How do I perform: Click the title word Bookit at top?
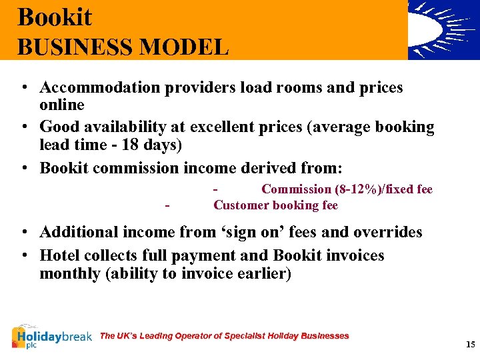(55, 17)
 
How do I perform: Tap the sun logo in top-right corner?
(443, 29)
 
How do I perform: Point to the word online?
(62, 105)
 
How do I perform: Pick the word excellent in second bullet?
(220, 127)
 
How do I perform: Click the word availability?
(129, 127)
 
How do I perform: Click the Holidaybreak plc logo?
(51, 337)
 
